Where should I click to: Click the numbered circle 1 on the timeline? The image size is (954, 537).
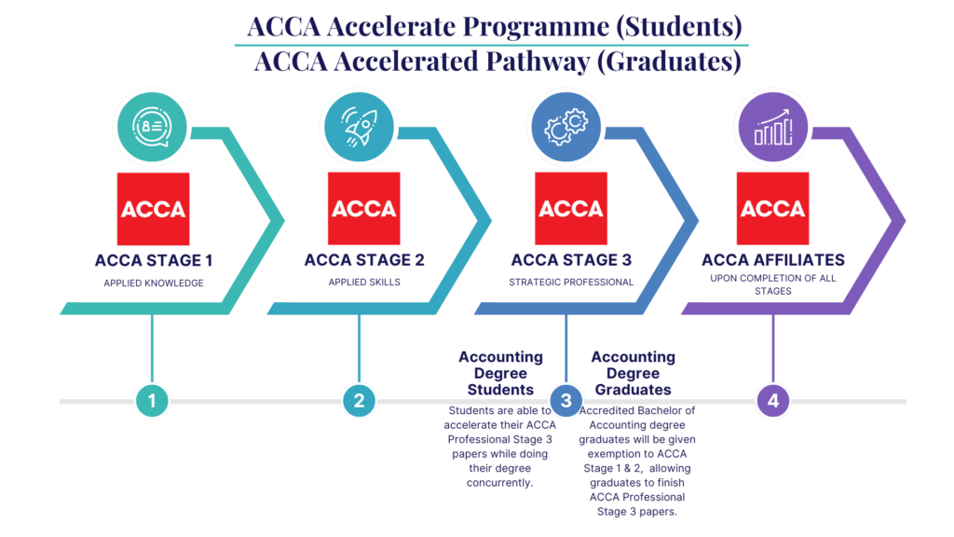point(151,402)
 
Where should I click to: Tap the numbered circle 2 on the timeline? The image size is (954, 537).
point(359,402)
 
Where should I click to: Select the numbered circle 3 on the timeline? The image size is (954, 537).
point(566,402)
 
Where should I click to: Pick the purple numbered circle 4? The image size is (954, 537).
point(772,402)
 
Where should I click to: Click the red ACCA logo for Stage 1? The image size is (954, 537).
point(153,209)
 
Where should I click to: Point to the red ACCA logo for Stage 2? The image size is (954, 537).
point(364,209)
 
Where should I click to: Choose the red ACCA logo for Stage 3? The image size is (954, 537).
point(571,209)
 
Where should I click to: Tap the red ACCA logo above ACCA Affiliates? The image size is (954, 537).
point(772,209)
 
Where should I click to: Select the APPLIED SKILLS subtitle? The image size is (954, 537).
point(364,282)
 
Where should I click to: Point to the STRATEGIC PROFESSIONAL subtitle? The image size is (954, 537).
point(571,282)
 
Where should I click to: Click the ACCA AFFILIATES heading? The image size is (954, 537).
point(773,260)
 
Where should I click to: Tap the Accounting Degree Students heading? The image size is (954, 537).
point(501,373)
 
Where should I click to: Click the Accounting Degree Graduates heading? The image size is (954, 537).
point(634,373)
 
